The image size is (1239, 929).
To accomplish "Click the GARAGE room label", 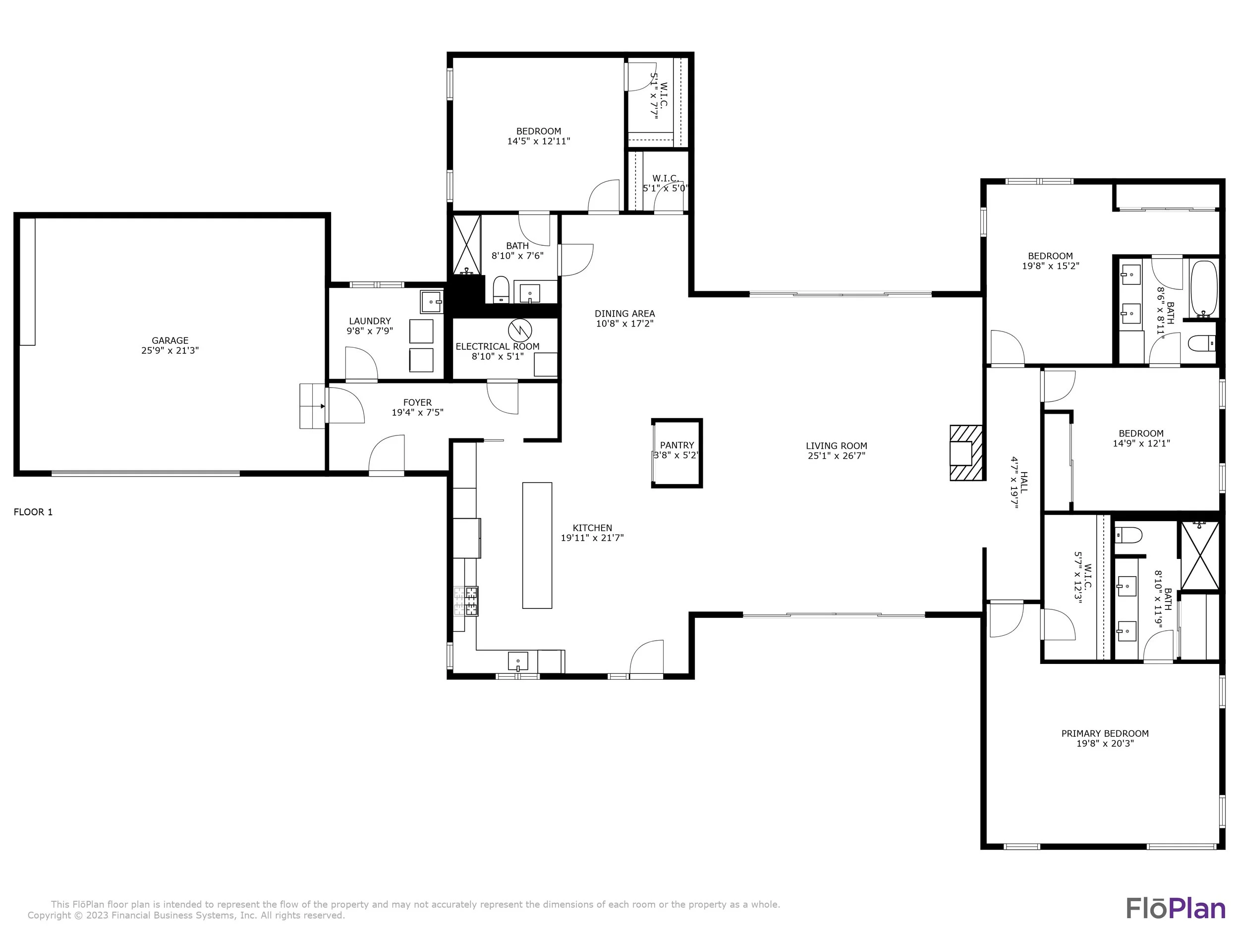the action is [x=170, y=340].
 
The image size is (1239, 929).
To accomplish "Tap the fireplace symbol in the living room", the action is [x=966, y=453].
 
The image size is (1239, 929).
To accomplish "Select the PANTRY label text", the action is [x=676, y=446].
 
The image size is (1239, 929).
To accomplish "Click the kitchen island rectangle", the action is [x=537, y=546].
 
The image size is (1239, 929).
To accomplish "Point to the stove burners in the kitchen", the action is [x=466, y=601].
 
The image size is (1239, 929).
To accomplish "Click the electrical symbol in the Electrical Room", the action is [x=519, y=331].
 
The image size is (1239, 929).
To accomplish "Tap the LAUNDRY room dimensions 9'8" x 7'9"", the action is [x=370, y=331].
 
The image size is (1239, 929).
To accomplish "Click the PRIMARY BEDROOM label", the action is [x=1105, y=734].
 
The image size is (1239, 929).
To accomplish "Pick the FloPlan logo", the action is [x=1176, y=908].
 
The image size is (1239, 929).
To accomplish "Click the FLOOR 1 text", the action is [x=33, y=512].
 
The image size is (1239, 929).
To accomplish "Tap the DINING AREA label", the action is [x=624, y=314].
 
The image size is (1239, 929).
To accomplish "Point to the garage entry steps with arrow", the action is [x=313, y=406].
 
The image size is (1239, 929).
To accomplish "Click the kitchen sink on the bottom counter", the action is [x=518, y=661].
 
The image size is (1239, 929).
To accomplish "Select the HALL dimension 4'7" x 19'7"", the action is [x=1014, y=482].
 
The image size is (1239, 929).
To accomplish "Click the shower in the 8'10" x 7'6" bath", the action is [x=466, y=245].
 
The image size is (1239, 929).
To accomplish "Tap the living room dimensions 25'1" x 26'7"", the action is [x=836, y=456].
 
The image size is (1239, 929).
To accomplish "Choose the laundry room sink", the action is [x=432, y=301].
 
